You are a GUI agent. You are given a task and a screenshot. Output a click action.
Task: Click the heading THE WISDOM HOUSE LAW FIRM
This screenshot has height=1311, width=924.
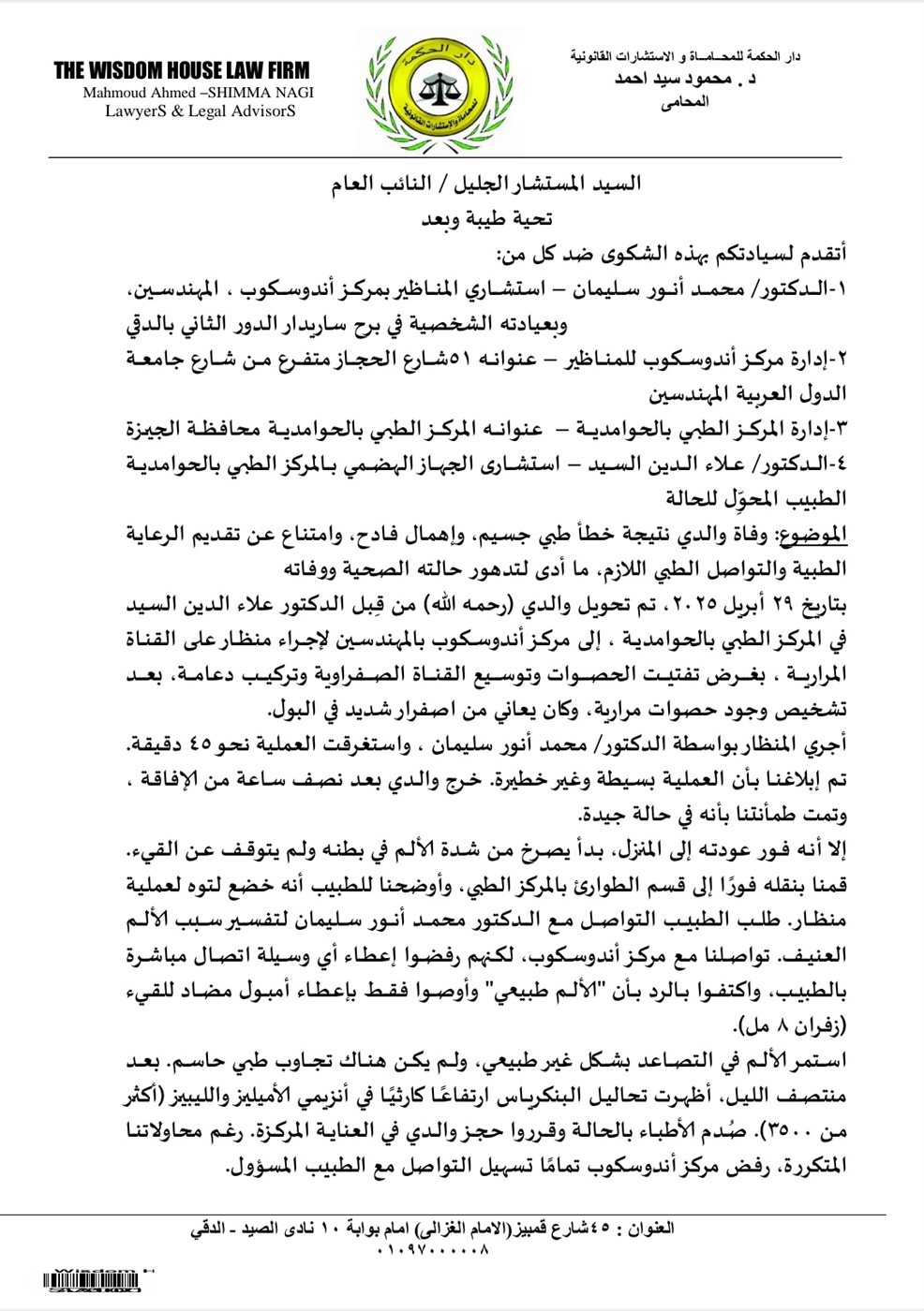pyautogui.click(x=181, y=70)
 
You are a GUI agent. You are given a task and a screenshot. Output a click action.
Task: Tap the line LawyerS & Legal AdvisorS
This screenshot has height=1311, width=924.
pyautogui.click(x=200, y=110)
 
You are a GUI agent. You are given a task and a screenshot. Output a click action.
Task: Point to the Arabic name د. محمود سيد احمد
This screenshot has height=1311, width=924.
pyautogui.click(x=685, y=80)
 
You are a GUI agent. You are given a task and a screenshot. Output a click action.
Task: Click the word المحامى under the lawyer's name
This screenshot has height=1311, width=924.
pyautogui.click(x=685, y=101)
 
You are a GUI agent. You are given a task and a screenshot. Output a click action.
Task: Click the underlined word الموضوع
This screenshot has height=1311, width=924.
pyautogui.click(x=820, y=534)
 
